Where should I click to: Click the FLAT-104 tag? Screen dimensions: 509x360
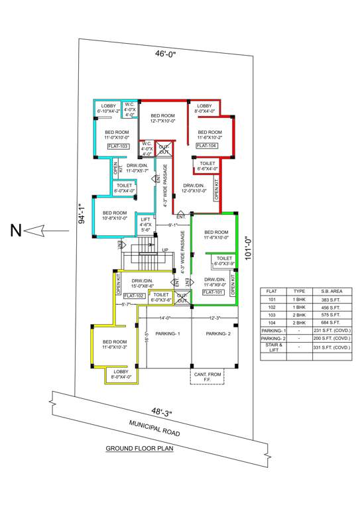tap(206, 144)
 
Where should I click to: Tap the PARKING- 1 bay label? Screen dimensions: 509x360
tap(168, 333)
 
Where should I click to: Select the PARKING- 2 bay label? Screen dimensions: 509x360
tap(217, 333)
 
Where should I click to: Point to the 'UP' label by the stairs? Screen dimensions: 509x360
tap(164, 250)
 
